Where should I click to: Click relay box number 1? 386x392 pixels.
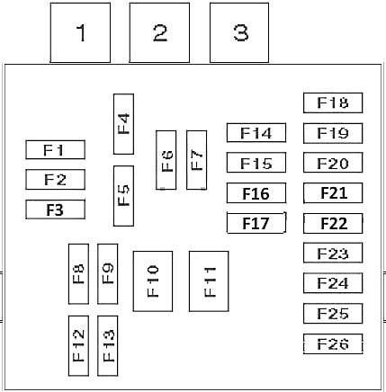coord(80,32)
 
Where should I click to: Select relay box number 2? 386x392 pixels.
coord(159,32)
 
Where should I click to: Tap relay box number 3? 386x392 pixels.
coord(239,32)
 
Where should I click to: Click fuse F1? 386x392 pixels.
coord(56,149)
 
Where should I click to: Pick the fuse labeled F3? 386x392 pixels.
coord(56,209)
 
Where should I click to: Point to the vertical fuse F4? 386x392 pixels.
coord(123,124)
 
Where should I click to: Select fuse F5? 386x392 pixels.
coord(123,196)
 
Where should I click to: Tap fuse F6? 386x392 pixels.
coord(166,160)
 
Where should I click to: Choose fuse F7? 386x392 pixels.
coord(197,160)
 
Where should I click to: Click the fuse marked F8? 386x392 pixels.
coord(78,274)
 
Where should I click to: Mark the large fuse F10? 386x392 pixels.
coord(153,281)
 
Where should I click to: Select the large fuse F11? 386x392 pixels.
coord(209,281)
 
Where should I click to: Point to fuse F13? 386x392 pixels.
coord(108,346)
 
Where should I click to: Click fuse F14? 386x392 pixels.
coord(256,132)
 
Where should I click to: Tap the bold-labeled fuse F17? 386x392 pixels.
coord(256,223)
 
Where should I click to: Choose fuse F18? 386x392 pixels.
coord(333,102)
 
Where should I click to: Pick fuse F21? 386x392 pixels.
coord(333,193)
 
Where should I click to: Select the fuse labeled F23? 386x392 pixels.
coord(333,253)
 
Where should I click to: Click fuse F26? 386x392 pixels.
coord(333,343)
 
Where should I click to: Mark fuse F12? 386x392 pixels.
coord(78,346)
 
